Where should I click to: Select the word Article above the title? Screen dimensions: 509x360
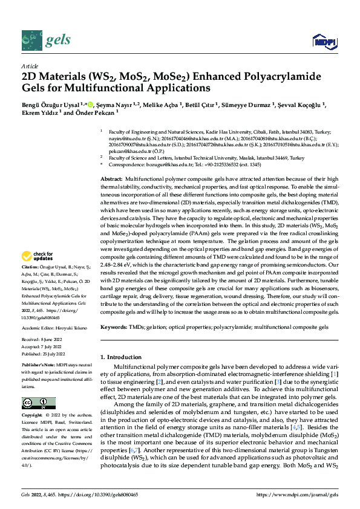30,66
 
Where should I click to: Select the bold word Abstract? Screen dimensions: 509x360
111,180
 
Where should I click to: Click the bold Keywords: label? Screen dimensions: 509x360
114,326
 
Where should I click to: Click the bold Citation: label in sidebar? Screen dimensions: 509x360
31,283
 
